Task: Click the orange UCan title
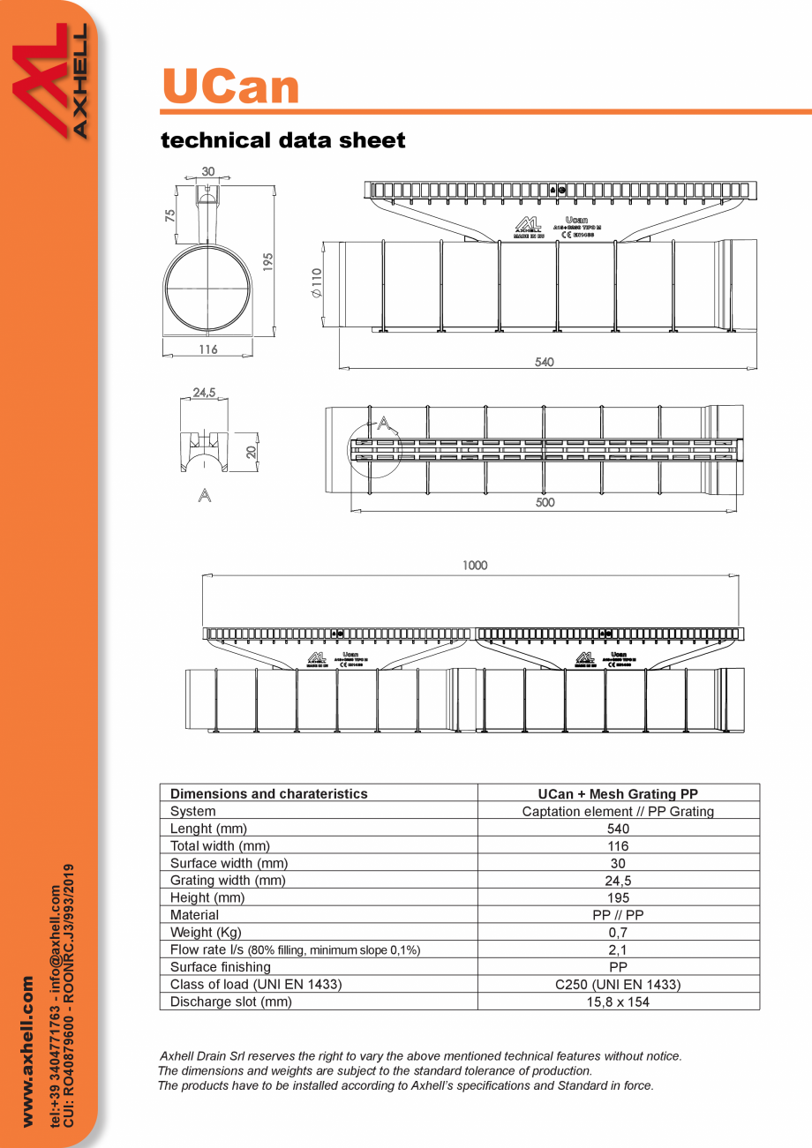click(230, 86)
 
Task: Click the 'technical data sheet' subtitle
click(282, 140)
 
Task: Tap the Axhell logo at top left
click(49, 81)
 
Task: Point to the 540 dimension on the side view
click(545, 362)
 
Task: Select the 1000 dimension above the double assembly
click(474, 566)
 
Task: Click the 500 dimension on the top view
click(545, 502)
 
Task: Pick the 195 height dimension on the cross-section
click(268, 261)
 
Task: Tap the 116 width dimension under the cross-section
click(207, 349)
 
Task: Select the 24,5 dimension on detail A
click(205, 393)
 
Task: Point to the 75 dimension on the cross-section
click(169, 214)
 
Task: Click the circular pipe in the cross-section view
click(208, 289)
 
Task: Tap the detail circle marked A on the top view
click(374, 450)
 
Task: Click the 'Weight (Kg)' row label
click(206, 933)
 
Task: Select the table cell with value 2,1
click(618, 950)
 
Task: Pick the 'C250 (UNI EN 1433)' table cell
click(618, 985)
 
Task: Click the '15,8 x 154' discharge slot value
click(618, 1002)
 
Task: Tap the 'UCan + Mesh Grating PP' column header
click(618, 794)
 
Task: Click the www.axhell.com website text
click(27, 1050)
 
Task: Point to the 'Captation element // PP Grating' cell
click(618, 812)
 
